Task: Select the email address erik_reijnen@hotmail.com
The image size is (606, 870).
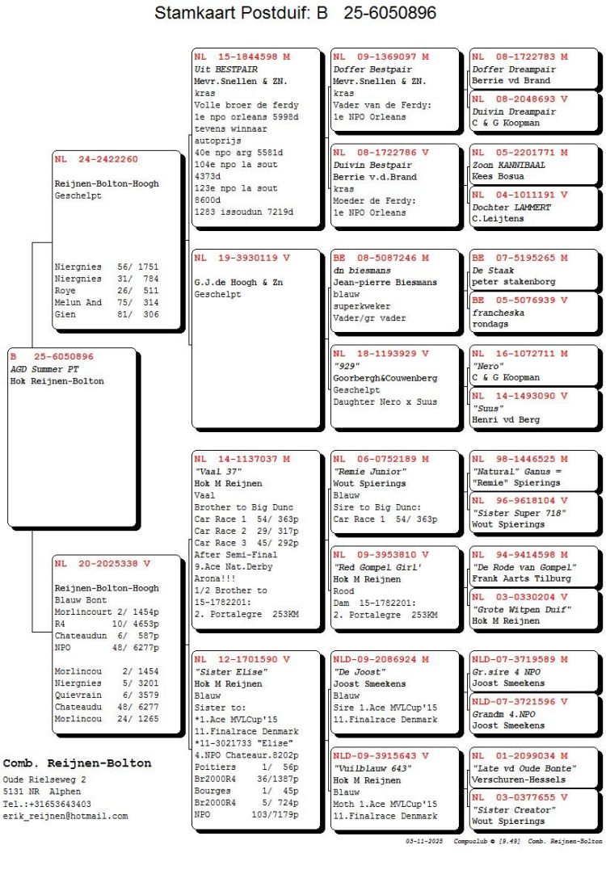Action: pyautogui.click(x=65, y=816)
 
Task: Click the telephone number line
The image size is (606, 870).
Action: pyautogui.click(x=47, y=804)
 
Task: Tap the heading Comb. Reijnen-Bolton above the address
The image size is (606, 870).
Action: pyautogui.click(x=77, y=763)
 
